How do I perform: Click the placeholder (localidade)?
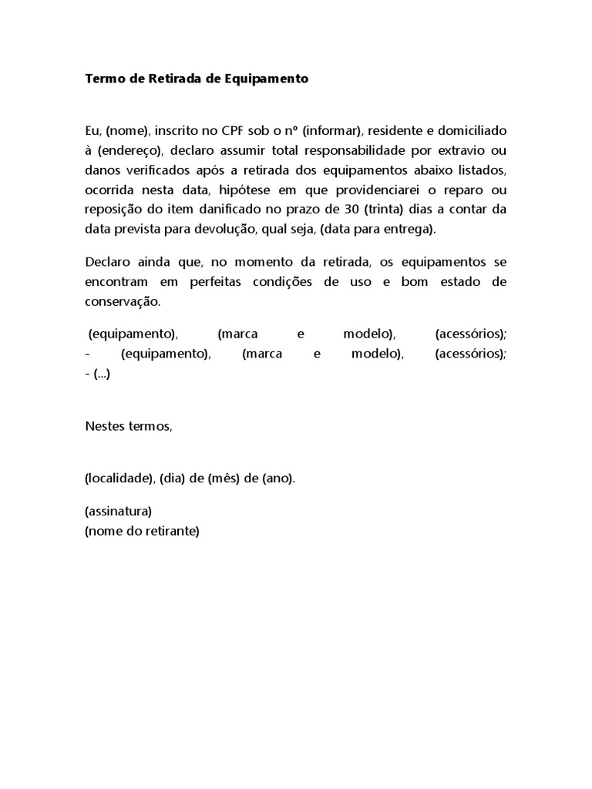[x=119, y=478]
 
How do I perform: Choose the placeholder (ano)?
[x=277, y=478]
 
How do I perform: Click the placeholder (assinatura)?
[x=118, y=511]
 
